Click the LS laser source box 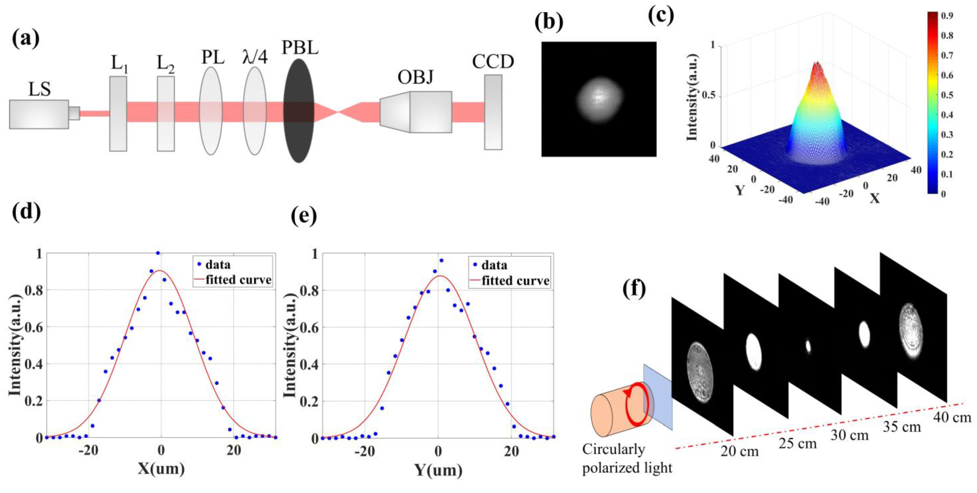39,114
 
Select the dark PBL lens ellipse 299,111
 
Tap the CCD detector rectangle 493,112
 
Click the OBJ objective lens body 416,112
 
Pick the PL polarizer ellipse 211,111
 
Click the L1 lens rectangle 118,114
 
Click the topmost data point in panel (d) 158,253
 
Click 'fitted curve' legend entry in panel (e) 515,281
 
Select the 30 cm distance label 850,435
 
